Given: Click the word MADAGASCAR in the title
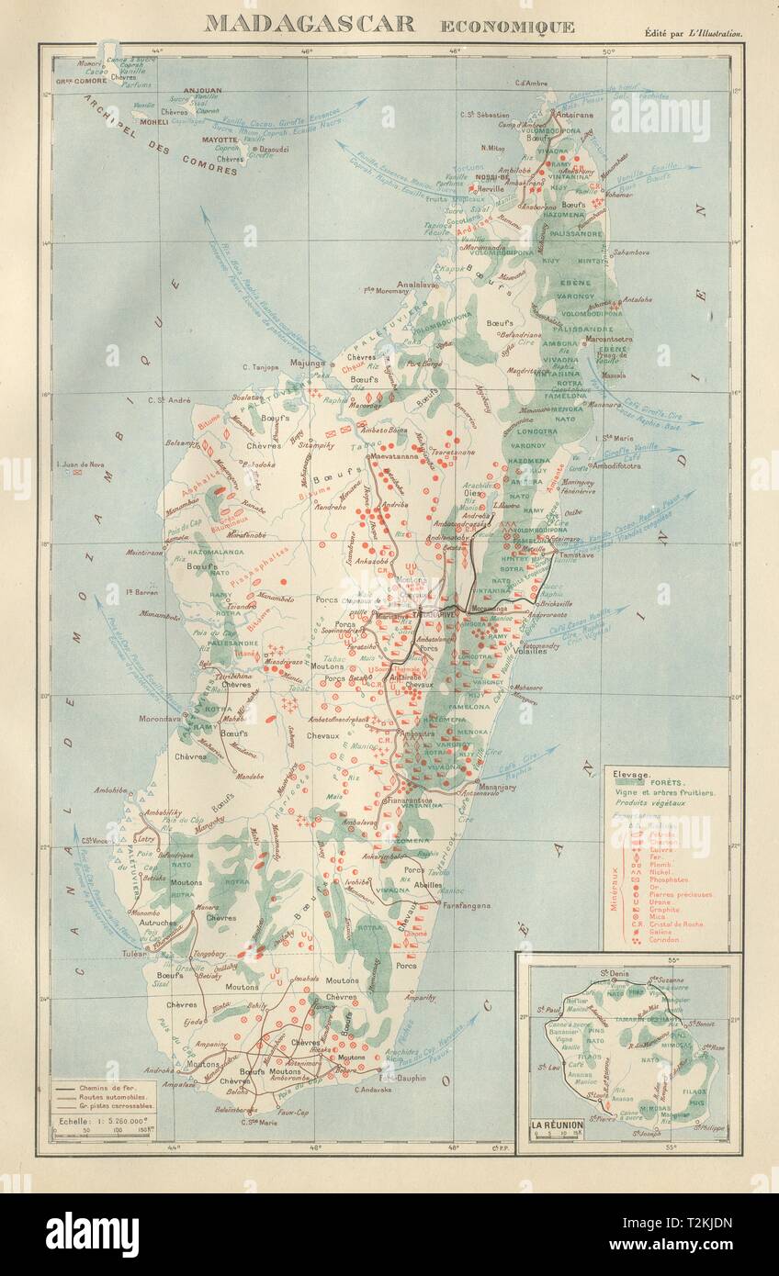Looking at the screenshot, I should [309, 23].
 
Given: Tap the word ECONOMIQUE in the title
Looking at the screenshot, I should [507, 26].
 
